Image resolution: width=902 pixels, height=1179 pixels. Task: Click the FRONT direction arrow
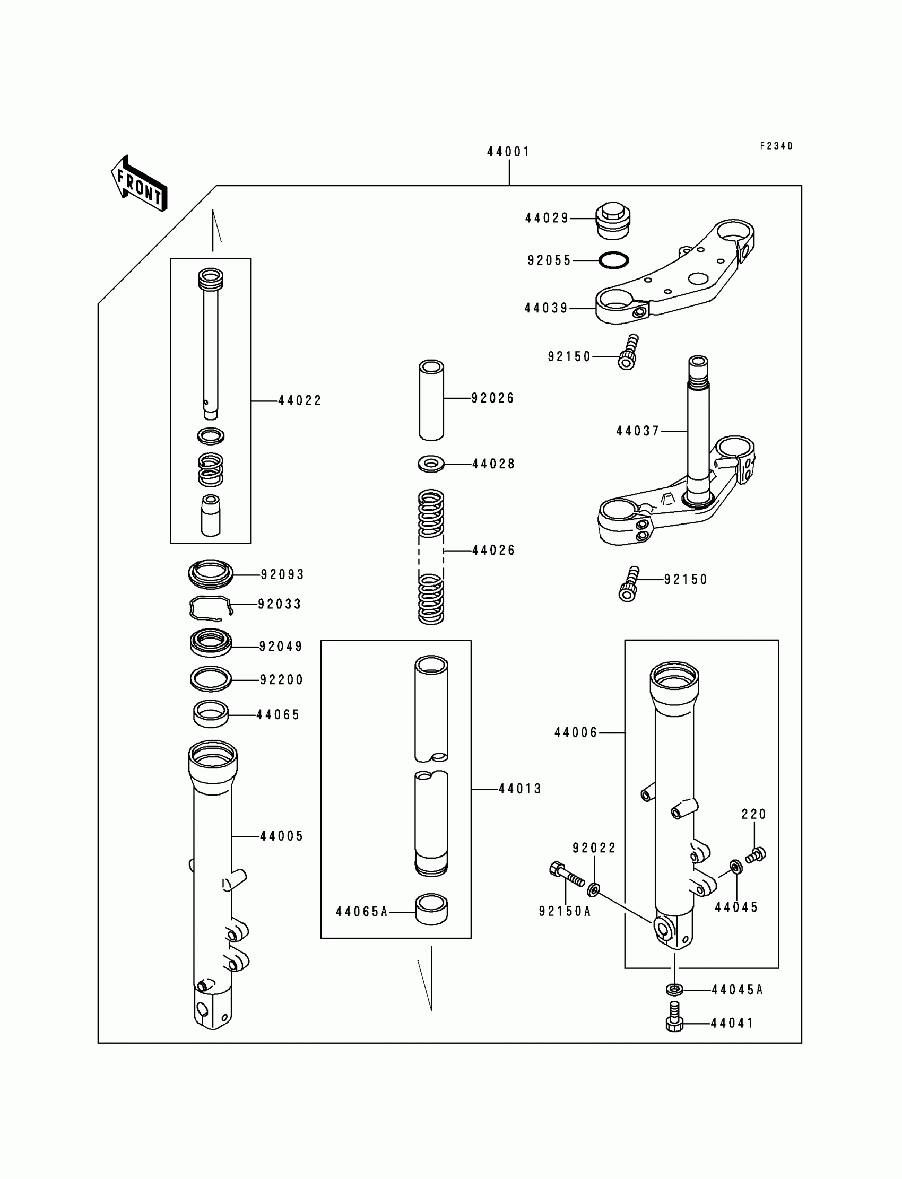click(x=139, y=184)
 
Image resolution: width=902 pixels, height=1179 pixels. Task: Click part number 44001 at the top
click(x=508, y=152)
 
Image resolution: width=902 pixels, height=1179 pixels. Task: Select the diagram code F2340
click(x=776, y=146)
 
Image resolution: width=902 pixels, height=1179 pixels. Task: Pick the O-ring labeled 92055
click(x=613, y=261)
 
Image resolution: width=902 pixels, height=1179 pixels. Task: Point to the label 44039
click(x=546, y=309)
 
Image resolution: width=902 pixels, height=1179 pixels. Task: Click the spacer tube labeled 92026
click(x=431, y=400)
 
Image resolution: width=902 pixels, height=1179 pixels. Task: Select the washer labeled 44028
click(x=431, y=464)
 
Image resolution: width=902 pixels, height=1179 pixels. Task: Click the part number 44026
click(x=493, y=551)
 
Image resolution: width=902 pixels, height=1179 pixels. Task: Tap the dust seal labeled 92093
click(x=211, y=574)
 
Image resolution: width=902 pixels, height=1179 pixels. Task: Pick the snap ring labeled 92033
click(x=211, y=607)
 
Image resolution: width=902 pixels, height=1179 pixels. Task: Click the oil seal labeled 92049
click(x=211, y=642)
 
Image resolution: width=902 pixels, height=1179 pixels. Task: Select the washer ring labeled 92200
click(x=211, y=679)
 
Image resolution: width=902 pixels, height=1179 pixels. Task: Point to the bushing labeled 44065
click(x=211, y=715)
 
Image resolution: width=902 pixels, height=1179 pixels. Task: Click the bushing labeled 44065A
click(x=431, y=910)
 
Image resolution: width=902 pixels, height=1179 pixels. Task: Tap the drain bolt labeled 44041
click(x=675, y=1017)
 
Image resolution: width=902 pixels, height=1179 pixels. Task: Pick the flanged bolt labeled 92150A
click(x=567, y=875)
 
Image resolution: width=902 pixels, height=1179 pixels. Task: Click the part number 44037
click(x=637, y=432)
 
